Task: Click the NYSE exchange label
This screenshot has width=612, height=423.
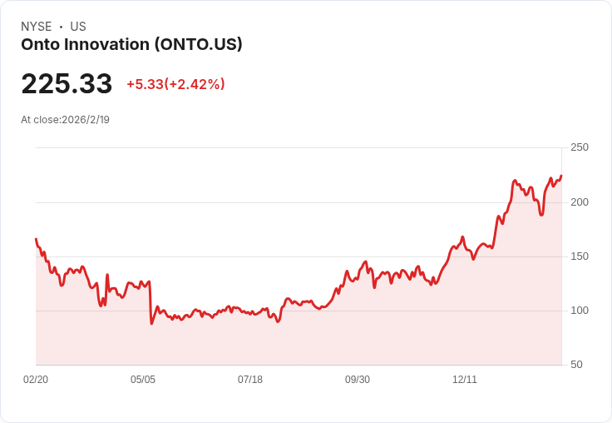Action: (x=37, y=27)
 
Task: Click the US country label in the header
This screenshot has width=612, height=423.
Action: (x=78, y=27)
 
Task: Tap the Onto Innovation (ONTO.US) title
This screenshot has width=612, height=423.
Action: (x=131, y=45)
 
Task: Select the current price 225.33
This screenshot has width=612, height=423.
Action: (x=67, y=84)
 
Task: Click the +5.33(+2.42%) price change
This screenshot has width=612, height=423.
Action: (x=175, y=84)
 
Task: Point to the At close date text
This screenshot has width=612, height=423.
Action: (x=65, y=120)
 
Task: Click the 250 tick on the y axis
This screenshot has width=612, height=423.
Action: (x=580, y=147)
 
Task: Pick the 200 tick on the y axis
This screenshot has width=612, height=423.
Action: (x=580, y=202)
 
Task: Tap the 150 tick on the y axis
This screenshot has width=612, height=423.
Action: (x=580, y=256)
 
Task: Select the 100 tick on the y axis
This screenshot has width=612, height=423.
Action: (x=580, y=311)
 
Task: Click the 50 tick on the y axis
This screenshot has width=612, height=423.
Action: (x=576, y=365)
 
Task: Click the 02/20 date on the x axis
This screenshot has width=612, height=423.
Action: (x=36, y=380)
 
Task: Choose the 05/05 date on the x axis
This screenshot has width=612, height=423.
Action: (x=143, y=380)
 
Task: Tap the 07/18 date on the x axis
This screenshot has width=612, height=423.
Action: (x=250, y=380)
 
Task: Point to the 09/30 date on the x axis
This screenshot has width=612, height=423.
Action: (x=358, y=380)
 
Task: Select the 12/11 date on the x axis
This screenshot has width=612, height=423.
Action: (x=465, y=380)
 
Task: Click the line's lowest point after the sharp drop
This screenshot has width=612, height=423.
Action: (x=151, y=323)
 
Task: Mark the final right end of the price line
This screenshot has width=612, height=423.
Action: (x=561, y=176)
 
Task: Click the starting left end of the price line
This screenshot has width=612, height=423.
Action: (x=36, y=239)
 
